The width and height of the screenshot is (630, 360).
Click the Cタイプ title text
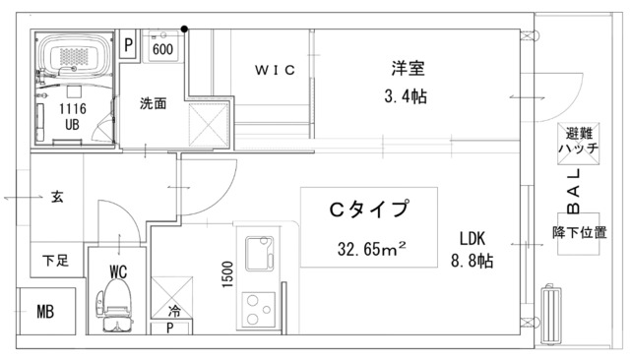(367, 210)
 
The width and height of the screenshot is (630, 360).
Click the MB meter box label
(45, 312)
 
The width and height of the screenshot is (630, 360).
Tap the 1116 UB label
(72, 117)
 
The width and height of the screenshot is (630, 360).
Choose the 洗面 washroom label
(152, 102)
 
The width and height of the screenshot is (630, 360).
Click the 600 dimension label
(163, 49)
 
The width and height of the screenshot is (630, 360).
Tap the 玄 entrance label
(56, 198)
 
